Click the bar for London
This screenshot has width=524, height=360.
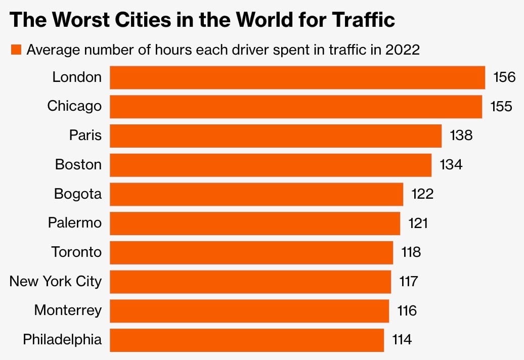click(x=297, y=77)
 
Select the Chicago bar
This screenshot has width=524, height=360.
click(x=296, y=107)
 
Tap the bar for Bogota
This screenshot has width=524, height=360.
click(x=256, y=194)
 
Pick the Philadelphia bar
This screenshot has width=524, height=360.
click(x=247, y=340)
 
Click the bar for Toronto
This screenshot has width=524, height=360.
click(x=251, y=252)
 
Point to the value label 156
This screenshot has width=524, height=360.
click(x=504, y=77)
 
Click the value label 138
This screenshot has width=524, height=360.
click(x=461, y=136)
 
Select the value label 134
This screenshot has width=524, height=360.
click(x=451, y=165)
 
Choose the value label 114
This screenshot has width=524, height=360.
click(x=402, y=339)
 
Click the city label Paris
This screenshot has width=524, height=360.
click(x=85, y=136)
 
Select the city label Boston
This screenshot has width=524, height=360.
click(x=78, y=165)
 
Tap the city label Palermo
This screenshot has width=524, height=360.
click(x=75, y=223)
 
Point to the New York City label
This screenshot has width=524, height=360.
click(x=56, y=281)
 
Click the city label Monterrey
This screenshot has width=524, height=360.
click(x=68, y=310)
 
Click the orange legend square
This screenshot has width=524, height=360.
click(x=16, y=50)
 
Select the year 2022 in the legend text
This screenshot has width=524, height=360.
click(x=403, y=50)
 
